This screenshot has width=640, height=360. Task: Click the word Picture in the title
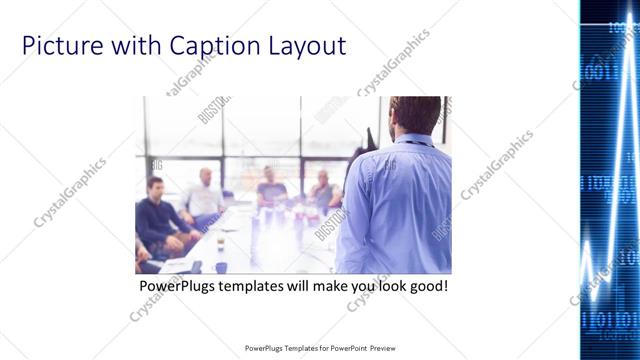[59, 46]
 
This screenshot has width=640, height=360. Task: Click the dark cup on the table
[221, 266]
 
